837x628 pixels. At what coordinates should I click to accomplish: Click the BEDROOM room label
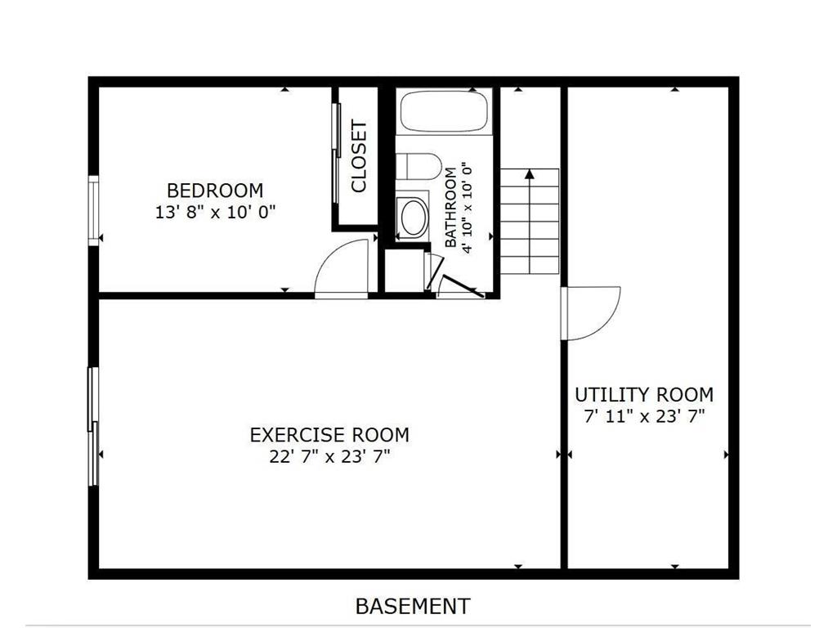click(x=215, y=191)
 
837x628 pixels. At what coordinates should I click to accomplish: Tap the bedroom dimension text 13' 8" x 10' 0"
click(x=215, y=212)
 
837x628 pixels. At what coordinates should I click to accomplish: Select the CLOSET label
click(x=359, y=156)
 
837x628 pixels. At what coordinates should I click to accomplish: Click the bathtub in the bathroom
click(x=445, y=111)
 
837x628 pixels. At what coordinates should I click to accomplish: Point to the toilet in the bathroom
click(x=419, y=165)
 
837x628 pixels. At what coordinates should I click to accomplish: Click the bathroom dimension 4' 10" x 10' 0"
click(x=468, y=209)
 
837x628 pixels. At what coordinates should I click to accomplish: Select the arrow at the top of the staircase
click(x=529, y=173)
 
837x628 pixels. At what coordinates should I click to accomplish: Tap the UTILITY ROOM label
click(x=644, y=394)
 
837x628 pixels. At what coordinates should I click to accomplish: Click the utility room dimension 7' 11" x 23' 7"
click(x=644, y=416)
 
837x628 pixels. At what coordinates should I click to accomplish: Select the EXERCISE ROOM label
click(x=329, y=434)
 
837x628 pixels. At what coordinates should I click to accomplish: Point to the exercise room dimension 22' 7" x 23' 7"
click(x=329, y=456)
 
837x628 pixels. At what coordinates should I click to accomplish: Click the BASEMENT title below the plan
click(x=413, y=606)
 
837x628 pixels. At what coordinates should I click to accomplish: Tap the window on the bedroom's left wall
click(x=94, y=210)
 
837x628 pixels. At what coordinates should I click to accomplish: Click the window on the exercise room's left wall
click(x=94, y=426)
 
